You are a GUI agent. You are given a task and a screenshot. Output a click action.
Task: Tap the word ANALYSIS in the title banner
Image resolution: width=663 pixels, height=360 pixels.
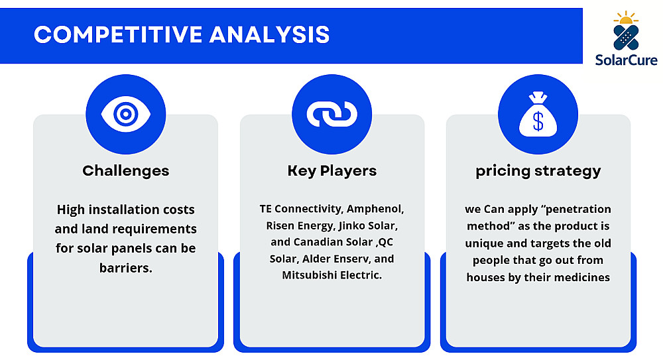(270, 34)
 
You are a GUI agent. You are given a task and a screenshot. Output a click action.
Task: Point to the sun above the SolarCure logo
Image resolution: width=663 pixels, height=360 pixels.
(626, 18)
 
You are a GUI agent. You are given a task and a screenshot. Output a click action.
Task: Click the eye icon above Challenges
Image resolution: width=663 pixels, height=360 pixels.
(125, 114)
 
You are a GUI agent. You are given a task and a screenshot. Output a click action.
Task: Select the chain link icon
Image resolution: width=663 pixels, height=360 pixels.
(332, 114)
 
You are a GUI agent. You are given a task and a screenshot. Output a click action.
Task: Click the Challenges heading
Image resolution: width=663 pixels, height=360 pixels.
(125, 171)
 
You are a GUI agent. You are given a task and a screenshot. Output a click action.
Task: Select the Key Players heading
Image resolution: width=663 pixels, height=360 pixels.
(332, 171)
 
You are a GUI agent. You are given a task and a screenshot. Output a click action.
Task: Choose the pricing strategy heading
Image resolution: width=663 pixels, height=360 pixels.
(538, 171)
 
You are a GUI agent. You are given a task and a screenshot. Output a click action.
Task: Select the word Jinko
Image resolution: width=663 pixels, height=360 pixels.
(353, 225)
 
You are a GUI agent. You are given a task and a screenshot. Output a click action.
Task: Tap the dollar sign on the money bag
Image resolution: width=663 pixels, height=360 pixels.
(538, 122)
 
